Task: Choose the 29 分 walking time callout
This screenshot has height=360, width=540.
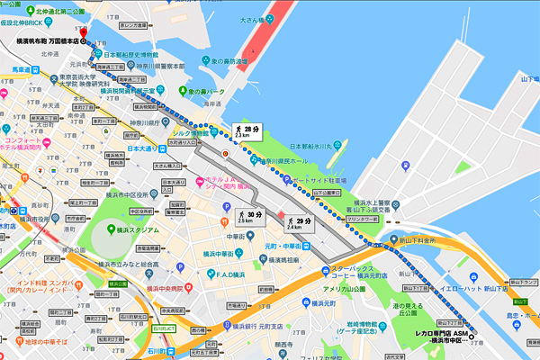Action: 297,221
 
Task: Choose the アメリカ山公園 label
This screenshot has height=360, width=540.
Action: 342,289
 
